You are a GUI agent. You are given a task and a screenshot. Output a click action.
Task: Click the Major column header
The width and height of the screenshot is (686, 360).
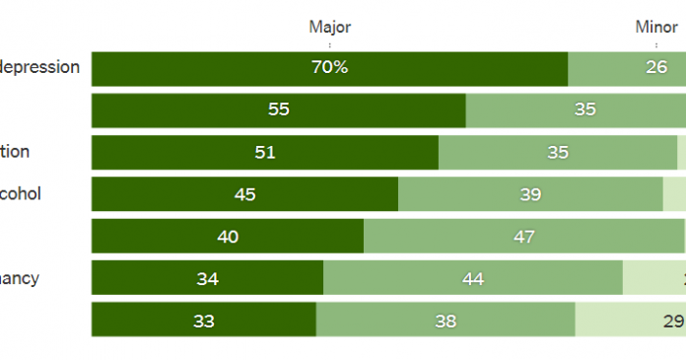(329, 28)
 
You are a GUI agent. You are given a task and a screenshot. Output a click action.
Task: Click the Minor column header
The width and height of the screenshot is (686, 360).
(655, 28)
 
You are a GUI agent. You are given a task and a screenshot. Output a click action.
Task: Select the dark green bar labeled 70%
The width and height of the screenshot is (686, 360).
(329, 68)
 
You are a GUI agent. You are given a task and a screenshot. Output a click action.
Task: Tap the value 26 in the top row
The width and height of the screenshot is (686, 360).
(655, 68)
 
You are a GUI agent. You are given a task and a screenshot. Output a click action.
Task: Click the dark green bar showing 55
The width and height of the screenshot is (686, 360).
(278, 109)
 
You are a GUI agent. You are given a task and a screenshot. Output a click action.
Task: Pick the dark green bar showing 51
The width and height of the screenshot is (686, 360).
(264, 152)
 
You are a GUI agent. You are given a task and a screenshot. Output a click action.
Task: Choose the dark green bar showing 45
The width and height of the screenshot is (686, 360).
(244, 194)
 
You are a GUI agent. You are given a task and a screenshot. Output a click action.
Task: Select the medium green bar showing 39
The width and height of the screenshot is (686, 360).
(530, 194)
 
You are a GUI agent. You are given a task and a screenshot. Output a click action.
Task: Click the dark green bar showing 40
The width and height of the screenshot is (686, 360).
(227, 237)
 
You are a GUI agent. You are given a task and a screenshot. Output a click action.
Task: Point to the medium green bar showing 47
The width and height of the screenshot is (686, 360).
(523, 237)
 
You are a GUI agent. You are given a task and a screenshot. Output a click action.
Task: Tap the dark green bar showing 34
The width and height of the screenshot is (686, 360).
(207, 279)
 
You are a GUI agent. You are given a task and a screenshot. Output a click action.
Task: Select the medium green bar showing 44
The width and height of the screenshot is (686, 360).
(473, 279)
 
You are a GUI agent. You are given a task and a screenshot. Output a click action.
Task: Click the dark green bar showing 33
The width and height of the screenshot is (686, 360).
(203, 321)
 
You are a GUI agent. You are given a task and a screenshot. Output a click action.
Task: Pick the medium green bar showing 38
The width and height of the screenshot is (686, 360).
(446, 321)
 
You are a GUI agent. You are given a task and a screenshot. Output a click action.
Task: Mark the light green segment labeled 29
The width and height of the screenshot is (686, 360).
(631, 321)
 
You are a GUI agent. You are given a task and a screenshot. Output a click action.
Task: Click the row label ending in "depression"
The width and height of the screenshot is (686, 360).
(40, 68)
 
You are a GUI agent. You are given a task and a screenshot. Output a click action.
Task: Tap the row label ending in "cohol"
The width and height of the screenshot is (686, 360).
(21, 194)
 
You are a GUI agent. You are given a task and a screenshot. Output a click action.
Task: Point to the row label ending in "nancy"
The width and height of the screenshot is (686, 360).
(20, 279)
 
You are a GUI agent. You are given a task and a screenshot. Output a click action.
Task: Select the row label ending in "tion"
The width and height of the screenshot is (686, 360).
(15, 152)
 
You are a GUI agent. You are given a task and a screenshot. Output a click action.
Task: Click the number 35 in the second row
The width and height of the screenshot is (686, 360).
(585, 109)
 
